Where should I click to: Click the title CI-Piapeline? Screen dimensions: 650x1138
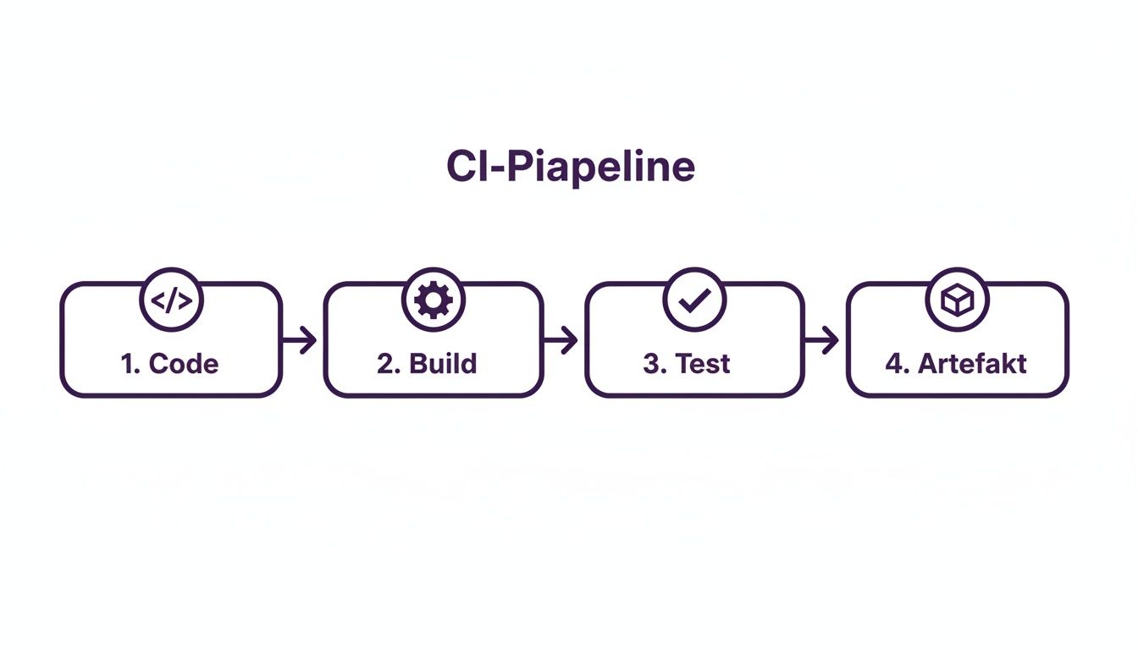(570, 167)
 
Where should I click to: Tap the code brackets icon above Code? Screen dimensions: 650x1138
(171, 300)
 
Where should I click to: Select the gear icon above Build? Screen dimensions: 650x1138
(434, 300)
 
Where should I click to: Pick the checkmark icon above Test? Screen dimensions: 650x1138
(694, 300)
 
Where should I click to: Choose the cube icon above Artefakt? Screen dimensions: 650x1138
(957, 300)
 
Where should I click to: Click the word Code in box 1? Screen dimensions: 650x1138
(184, 364)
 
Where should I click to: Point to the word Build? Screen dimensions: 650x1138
(443, 364)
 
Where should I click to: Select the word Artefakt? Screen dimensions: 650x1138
(972, 364)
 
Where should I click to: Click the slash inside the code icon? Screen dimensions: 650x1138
(171, 300)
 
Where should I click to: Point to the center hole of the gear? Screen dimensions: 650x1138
(434, 300)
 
